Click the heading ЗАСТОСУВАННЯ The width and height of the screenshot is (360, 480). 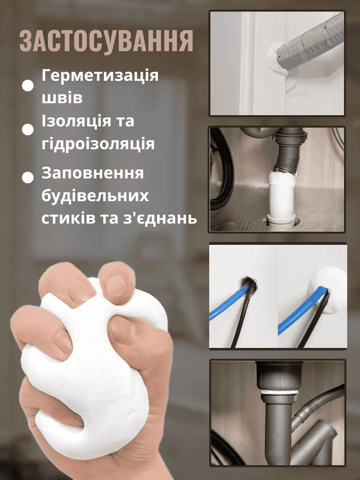pyautogui.click(x=106, y=41)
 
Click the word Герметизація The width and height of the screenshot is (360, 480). pyautogui.click(x=100, y=76)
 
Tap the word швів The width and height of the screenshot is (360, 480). pyautogui.click(x=62, y=98)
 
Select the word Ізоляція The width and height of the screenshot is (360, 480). pyautogui.click(x=76, y=122)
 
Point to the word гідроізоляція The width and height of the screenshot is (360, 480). pyautogui.click(x=98, y=144)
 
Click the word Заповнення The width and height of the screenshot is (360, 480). pyautogui.click(x=93, y=173)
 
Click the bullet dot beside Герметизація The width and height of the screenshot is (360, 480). pyautogui.click(x=28, y=86)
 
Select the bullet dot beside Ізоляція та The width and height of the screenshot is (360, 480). pyautogui.click(x=28, y=130)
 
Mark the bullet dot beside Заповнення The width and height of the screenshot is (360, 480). pyautogui.click(x=28, y=177)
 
